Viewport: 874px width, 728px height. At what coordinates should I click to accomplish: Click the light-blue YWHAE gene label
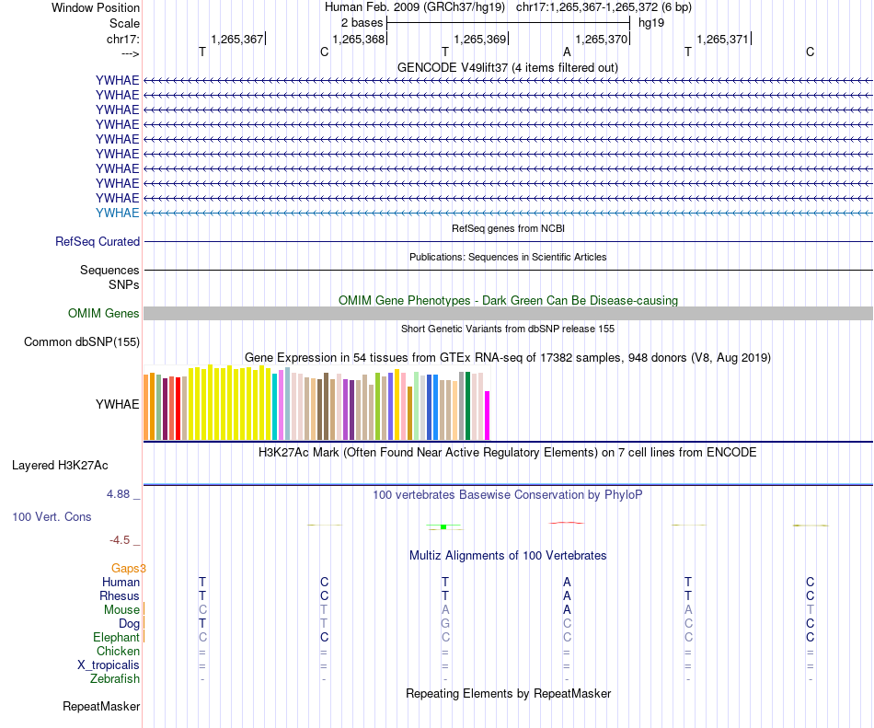(x=117, y=213)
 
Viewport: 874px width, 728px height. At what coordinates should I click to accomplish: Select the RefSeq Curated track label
(x=98, y=242)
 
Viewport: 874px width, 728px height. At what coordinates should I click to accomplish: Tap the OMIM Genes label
(x=104, y=314)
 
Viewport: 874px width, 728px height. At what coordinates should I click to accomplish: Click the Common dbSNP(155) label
(x=81, y=342)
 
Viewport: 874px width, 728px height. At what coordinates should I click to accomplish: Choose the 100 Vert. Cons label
(x=52, y=517)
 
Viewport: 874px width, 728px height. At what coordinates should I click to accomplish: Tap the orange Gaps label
(x=129, y=569)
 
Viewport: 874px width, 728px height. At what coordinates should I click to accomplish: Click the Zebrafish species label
(x=115, y=679)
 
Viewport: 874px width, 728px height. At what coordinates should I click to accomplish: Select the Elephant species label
(x=116, y=638)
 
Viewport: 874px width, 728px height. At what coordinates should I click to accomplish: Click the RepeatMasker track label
(x=101, y=707)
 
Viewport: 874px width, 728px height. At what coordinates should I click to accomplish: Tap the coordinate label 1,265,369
(x=479, y=40)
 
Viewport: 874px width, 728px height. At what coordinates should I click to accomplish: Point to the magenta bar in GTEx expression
(x=488, y=415)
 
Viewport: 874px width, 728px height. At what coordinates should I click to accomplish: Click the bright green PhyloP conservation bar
(x=443, y=526)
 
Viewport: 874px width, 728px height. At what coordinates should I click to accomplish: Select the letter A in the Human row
(x=567, y=583)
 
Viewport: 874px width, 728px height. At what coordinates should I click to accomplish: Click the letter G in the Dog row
(x=445, y=624)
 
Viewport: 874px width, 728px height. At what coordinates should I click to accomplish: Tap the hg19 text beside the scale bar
(x=651, y=21)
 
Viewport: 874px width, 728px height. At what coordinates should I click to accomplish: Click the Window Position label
(x=96, y=7)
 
